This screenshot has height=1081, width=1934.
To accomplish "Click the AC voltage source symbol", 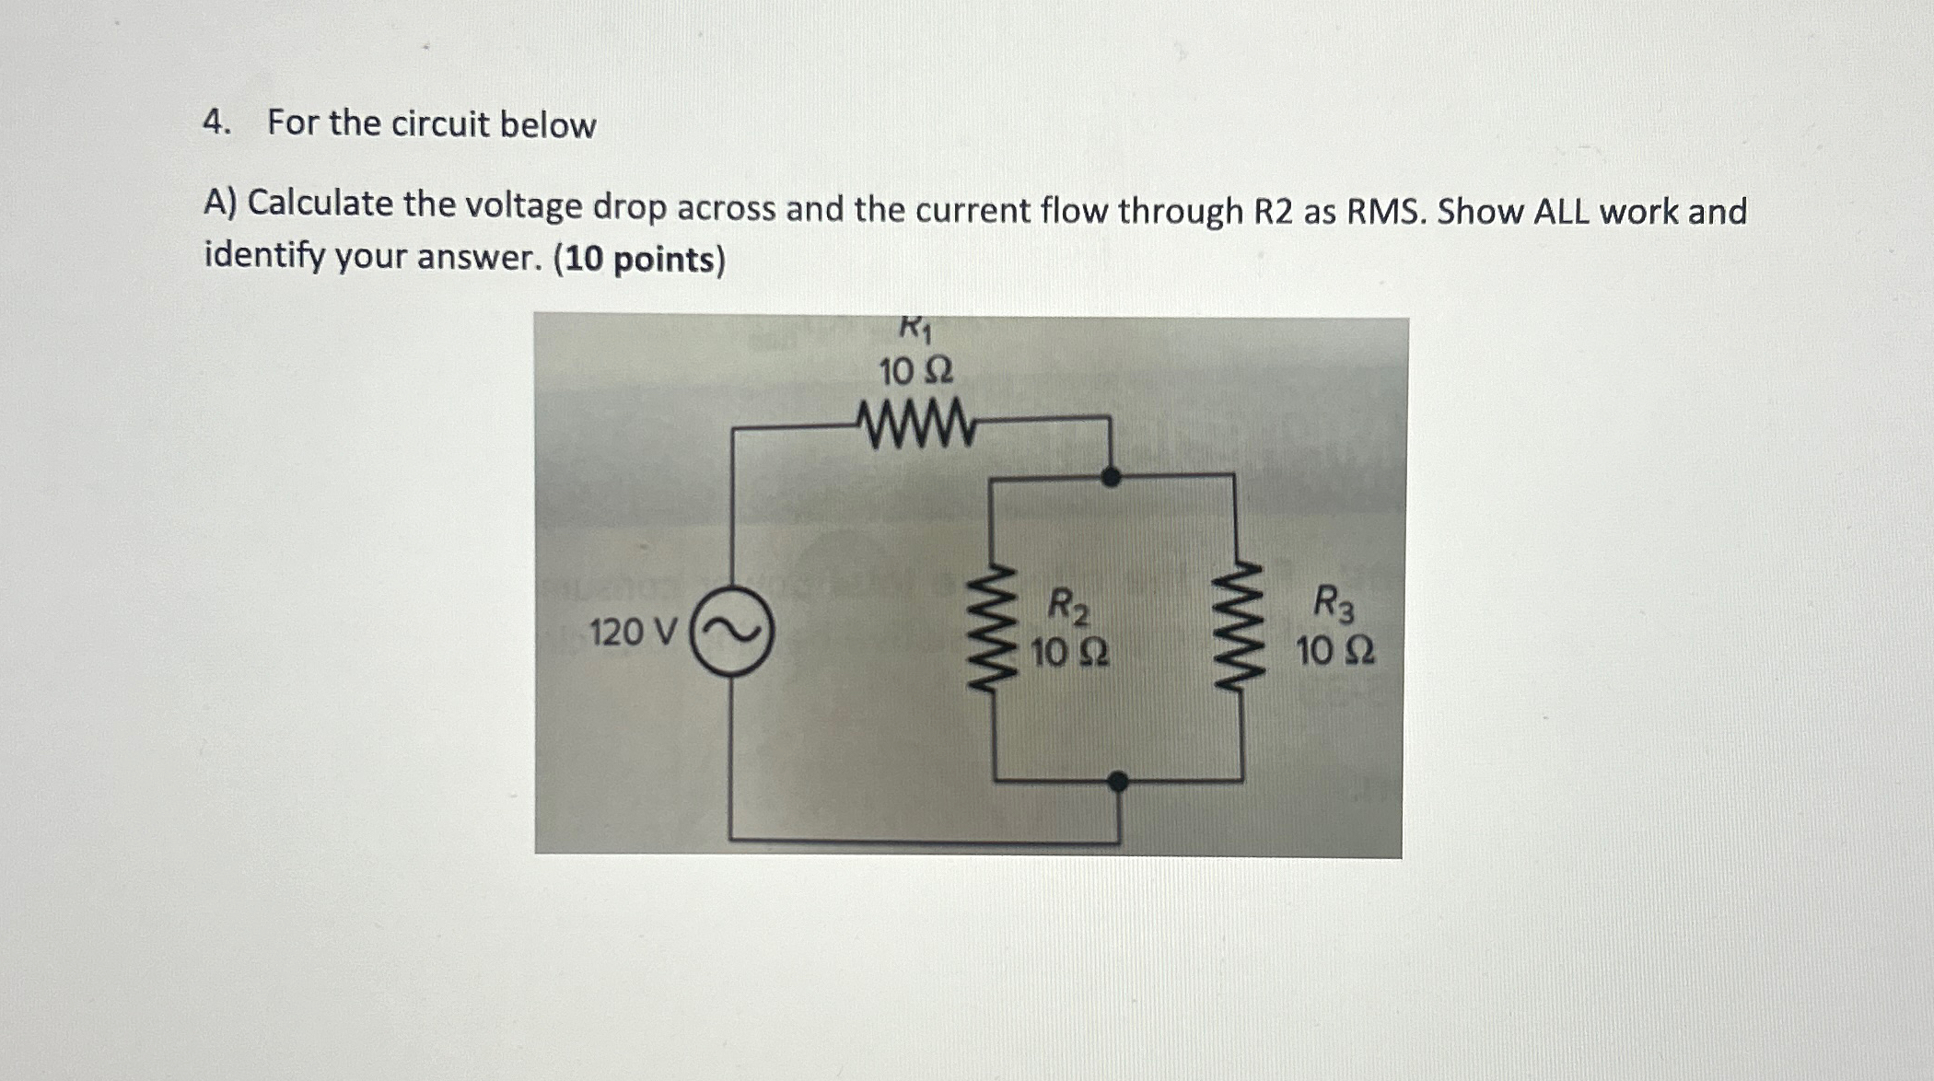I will (732, 632).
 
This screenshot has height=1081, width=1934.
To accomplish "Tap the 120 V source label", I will (634, 633).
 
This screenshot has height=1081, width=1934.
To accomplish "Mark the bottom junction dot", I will (1118, 783).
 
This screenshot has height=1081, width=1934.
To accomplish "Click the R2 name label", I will (1069, 607).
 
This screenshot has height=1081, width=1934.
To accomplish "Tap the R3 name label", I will (1334, 604).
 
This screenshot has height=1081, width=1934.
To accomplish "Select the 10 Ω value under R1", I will (915, 373).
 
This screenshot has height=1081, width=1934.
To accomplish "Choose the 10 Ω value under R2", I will (1069, 654).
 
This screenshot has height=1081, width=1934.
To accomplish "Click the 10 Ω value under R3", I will (1335, 652).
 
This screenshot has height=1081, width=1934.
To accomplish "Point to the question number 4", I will (216, 122).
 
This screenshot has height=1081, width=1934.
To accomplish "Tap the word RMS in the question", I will (1386, 212).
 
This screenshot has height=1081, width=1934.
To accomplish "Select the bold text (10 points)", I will (639, 261).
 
